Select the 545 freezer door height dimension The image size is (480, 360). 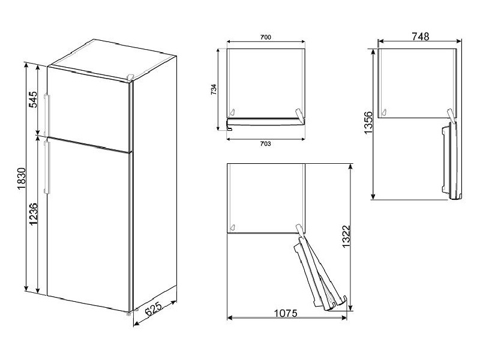tap(34, 99)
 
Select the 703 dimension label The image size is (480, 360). tap(266, 145)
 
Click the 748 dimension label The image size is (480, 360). tap(420, 37)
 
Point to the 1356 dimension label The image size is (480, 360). tap(368, 122)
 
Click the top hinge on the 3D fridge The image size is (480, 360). tap(130, 77)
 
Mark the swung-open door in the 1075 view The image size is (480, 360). tap(318, 270)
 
